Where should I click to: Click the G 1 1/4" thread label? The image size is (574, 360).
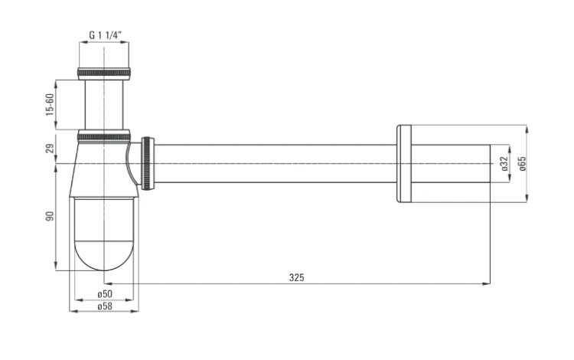click(105, 34)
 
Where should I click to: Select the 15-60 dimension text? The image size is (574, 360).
click(50, 105)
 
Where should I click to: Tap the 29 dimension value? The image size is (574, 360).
click(50, 149)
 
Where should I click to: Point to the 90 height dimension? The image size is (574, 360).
click(50, 216)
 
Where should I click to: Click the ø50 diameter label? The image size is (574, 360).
click(105, 293)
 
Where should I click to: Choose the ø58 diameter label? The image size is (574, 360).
click(105, 306)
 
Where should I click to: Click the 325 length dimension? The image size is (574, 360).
click(296, 277)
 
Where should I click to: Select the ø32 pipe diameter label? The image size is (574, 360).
click(504, 164)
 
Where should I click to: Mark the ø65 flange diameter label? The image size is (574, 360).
click(522, 164)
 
